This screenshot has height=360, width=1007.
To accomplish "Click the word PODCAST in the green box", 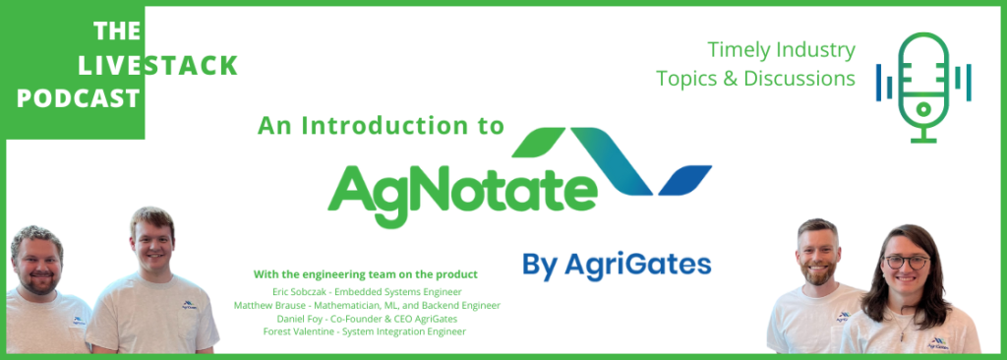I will point(78,98).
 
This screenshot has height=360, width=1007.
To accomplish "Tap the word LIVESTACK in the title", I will point(157,66).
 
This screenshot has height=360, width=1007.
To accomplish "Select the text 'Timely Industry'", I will point(782,50).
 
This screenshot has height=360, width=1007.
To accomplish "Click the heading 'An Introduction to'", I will point(381,125).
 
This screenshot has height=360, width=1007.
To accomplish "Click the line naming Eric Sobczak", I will point(366,292).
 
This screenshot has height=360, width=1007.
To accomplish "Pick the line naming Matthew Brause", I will point(367,306).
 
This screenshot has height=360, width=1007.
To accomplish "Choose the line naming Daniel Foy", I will point(367,319).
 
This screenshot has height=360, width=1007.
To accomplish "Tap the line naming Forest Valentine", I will point(365,331).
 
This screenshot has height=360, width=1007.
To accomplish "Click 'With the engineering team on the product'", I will point(366,273).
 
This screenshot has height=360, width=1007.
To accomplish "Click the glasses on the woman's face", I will point(906,262).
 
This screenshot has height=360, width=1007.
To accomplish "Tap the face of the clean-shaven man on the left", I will point(152,246).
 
